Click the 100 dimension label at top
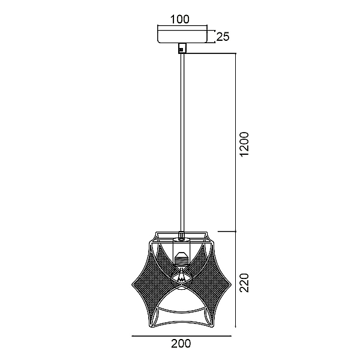180,20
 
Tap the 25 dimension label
223,37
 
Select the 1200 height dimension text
244,144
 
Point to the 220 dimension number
244,283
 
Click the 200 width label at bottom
181,343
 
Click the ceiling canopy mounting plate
182,34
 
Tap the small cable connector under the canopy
182,48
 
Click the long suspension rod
182,143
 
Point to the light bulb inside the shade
181,275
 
